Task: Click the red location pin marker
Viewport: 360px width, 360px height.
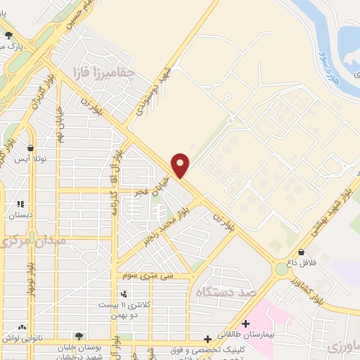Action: coord(181,165)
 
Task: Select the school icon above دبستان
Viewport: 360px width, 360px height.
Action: coord(20,205)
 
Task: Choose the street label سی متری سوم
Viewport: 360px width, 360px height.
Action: coord(148,276)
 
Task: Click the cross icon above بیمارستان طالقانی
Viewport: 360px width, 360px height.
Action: coord(245,325)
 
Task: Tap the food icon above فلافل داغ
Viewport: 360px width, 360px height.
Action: coord(301,252)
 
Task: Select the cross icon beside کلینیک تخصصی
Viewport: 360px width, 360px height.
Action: coord(208,338)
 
